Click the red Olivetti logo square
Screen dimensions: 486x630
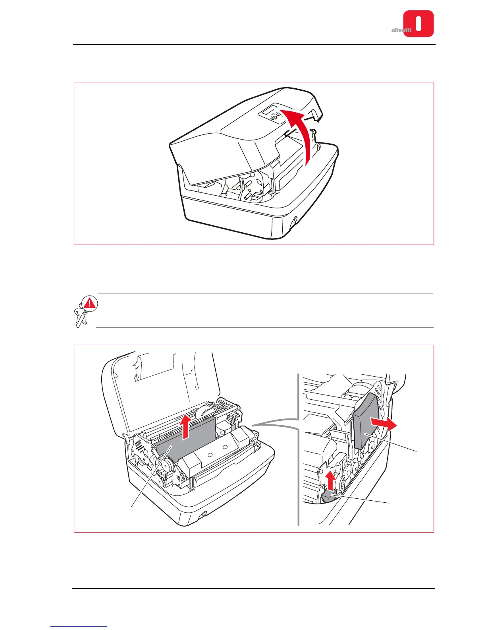click(x=418, y=24)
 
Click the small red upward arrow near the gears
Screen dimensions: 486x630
click(x=330, y=480)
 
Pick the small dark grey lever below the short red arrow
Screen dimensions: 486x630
click(x=328, y=496)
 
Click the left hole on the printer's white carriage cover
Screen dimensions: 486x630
click(x=210, y=453)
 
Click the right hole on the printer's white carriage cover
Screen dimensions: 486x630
click(x=225, y=447)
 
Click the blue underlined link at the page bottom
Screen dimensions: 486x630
click(x=79, y=627)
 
